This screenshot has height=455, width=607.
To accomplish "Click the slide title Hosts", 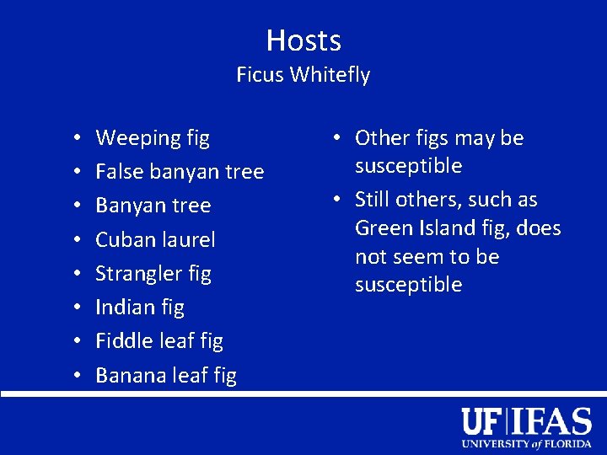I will coord(303,40).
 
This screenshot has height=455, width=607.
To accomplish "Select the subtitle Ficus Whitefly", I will coord(303,75).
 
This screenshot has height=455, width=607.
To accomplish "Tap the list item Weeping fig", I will coord(153,138).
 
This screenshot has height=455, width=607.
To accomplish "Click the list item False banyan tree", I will coord(180,172).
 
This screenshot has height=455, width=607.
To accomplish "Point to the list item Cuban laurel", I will coord(155,240).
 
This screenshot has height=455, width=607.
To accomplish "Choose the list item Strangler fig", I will coord(153,274).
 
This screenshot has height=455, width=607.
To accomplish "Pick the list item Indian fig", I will coord(140,308).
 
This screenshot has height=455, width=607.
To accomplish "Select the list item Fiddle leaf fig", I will coord(159,341).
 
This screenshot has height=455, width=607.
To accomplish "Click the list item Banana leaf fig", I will coord(166,376).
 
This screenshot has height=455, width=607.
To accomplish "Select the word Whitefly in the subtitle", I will coord(330,75).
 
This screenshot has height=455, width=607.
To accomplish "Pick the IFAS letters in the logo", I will coord(553,421).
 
